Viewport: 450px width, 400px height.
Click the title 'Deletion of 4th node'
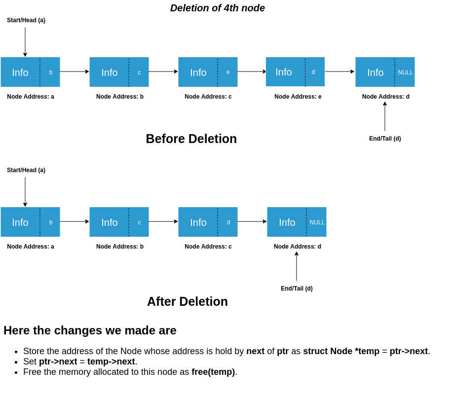(x=218, y=8)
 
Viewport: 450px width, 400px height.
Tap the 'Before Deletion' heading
(x=191, y=139)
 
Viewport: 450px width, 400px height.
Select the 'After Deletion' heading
(x=187, y=301)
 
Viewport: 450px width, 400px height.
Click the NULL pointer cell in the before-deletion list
(x=405, y=72)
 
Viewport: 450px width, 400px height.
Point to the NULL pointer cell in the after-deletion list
(x=317, y=222)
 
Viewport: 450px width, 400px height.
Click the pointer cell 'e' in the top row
(x=228, y=72)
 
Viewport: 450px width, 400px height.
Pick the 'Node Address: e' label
(x=298, y=97)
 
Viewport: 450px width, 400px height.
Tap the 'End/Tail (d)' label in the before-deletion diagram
(x=385, y=139)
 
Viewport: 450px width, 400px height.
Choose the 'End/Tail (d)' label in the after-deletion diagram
(x=297, y=289)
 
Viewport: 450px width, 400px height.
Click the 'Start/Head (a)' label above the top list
(x=26, y=20)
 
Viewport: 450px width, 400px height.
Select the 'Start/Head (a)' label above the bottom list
(x=26, y=170)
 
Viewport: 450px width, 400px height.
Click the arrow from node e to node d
(x=339, y=72)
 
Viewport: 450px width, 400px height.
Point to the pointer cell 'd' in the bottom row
(x=228, y=222)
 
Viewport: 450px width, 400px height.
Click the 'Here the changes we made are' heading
(x=90, y=330)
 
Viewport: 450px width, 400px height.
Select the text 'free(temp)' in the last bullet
(x=213, y=372)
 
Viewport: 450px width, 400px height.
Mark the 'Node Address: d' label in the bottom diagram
(x=298, y=247)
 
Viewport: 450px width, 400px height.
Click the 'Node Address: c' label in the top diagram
(x=208, y=97)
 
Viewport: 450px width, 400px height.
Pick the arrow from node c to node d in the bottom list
(x=252, y=221)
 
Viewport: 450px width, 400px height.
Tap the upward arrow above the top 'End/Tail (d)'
(x=385, y=116)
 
